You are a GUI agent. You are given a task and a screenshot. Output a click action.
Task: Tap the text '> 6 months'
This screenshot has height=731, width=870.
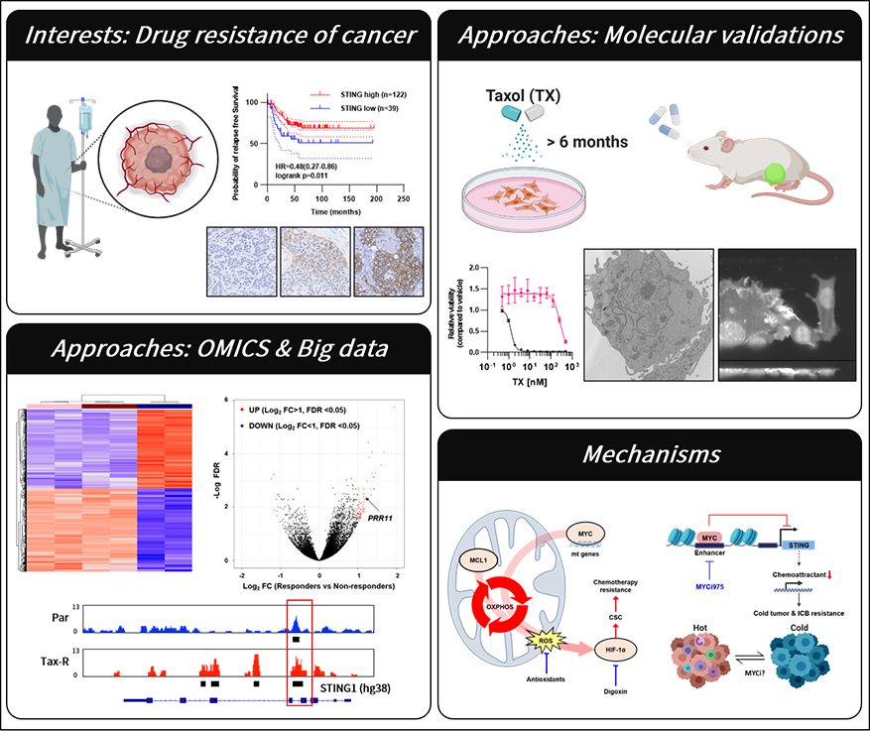coord(585,142)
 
